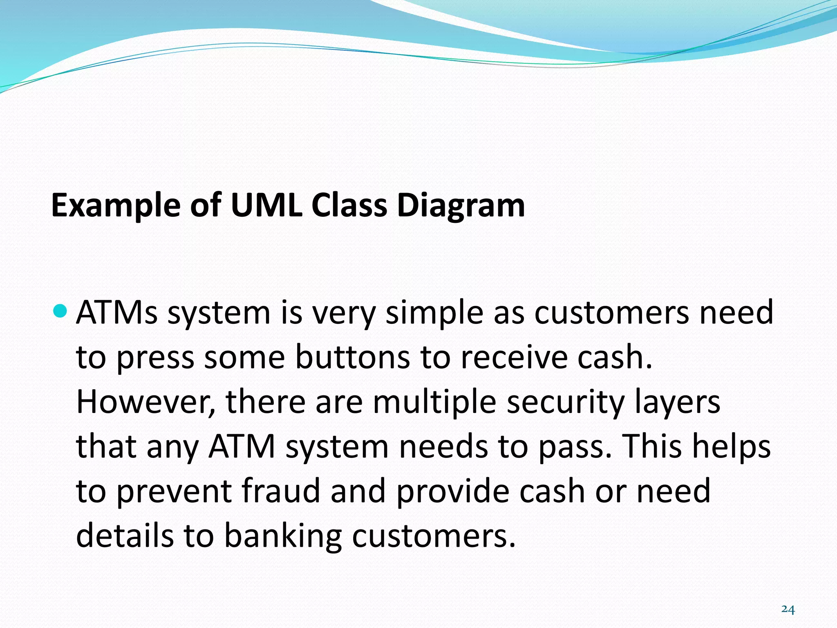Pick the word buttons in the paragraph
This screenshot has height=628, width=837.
coord(352,357)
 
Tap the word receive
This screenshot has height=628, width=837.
coord(514,357)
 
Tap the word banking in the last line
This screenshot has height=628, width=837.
coord(283,537)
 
